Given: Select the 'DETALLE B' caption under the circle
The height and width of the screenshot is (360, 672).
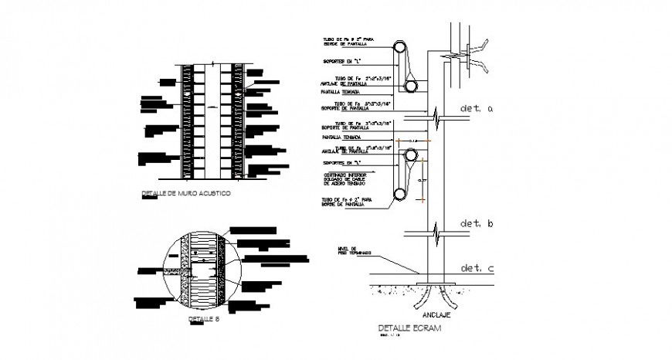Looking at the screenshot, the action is point(203,318).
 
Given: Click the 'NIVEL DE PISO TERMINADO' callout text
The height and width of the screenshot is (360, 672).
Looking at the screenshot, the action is point(355,251).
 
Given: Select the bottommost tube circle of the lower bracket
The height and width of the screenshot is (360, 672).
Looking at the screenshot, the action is point(401,194).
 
